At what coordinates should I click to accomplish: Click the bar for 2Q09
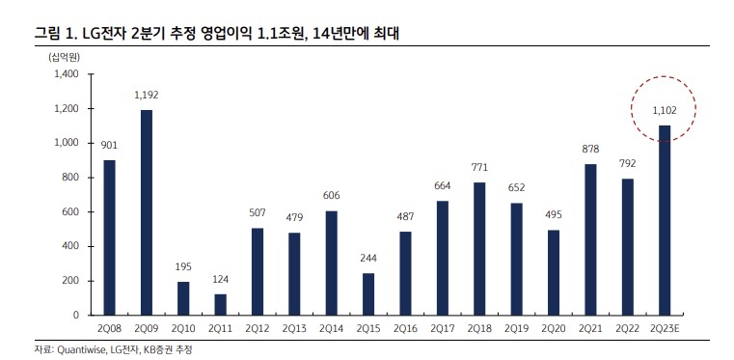pos(147,212)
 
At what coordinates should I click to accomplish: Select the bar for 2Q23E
pos(665,220)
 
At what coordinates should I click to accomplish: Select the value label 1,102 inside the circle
pos(665,111)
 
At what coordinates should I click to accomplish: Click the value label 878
pos(590,150)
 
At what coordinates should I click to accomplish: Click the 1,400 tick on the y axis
pos(66,74)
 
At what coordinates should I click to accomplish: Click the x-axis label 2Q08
pos(109,329)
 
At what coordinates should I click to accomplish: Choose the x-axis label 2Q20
pos(554,329)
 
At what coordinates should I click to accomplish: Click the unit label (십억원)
pos(65,56)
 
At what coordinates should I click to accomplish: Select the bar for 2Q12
pos(258,271)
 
